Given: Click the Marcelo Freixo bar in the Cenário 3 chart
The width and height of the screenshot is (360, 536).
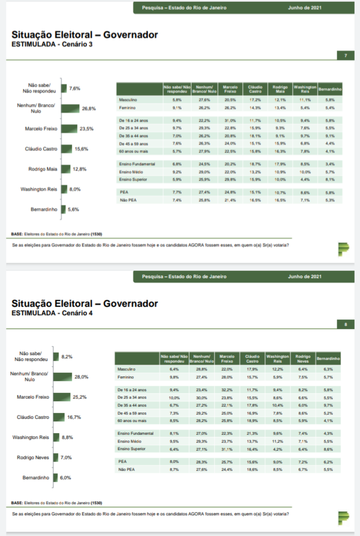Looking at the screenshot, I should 69,128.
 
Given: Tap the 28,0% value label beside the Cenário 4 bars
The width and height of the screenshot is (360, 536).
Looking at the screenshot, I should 81,377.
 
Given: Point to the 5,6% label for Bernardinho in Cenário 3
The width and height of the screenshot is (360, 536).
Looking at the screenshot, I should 73,209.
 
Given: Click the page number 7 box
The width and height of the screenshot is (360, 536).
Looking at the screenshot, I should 346,56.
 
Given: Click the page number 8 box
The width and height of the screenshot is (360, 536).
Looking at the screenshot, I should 346,325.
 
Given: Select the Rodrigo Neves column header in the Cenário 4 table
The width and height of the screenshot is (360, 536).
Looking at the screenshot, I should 303,359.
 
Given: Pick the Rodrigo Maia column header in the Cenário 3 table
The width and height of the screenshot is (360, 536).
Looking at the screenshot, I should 280,89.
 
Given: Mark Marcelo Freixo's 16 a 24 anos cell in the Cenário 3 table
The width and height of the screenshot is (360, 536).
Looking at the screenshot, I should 230,120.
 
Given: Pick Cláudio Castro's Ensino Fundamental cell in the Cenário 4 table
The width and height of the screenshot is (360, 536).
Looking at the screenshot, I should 252,434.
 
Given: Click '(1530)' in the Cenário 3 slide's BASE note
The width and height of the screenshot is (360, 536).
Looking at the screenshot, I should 96,234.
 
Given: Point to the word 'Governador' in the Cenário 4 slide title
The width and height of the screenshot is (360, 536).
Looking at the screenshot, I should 131,304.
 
